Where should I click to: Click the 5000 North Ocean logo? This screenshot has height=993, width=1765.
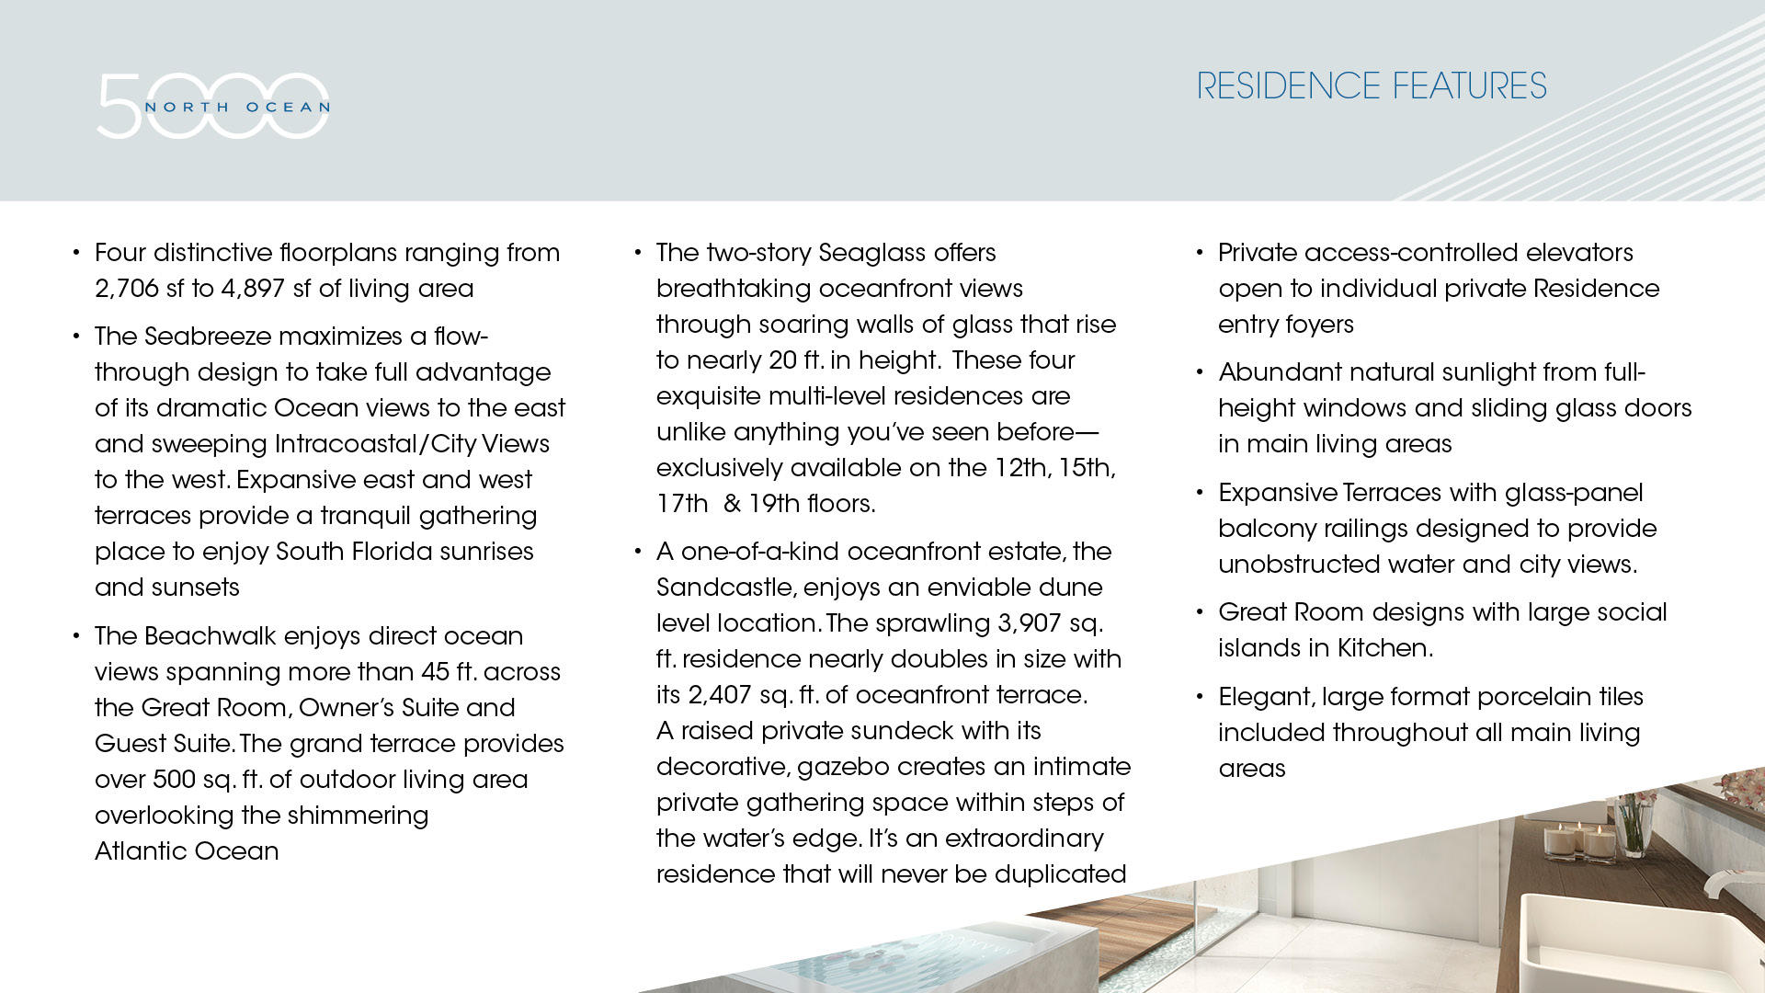pos(213,106)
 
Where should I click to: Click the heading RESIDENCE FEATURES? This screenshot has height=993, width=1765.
pos(1371,86)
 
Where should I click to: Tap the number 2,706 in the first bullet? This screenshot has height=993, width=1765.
pos(127,289)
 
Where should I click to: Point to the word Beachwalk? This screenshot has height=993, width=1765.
pos(211,636)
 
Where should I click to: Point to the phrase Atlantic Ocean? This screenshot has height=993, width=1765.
pos(187,851)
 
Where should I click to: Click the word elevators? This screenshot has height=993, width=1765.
pos(1579,253)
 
